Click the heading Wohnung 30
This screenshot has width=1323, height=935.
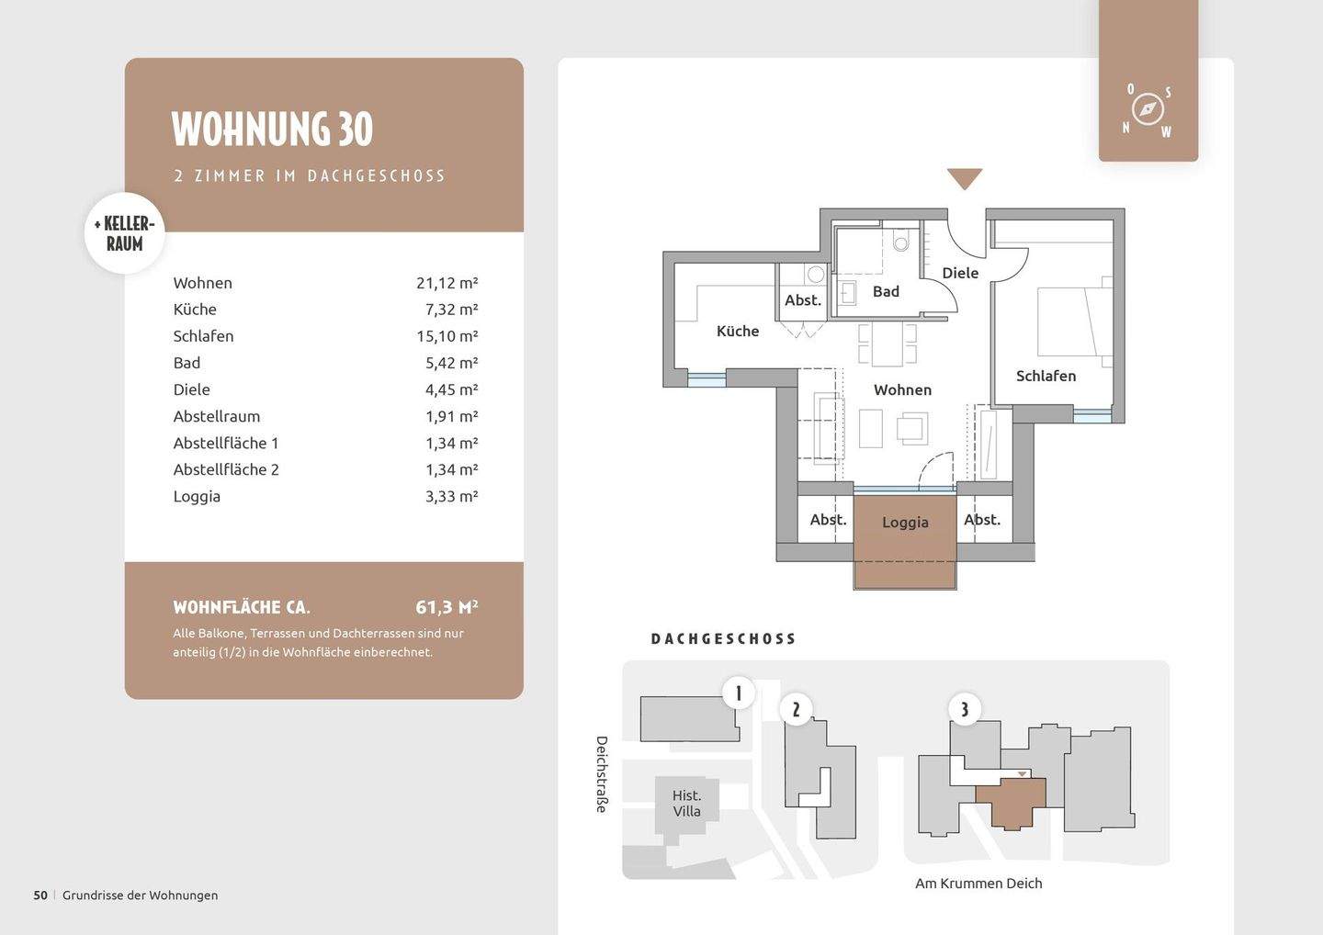click(272, 129)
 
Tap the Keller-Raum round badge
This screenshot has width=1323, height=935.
click(125, 233)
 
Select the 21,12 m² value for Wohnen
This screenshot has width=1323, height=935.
click(447, 283)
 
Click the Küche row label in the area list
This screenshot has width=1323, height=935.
click(195, 310)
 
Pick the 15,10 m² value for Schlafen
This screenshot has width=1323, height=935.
click(447, 336)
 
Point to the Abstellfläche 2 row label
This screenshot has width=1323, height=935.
click(226, 470)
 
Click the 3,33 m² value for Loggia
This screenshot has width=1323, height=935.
click(452, 496)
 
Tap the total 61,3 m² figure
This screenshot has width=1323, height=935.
click(447, 607)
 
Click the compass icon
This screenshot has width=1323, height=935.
click(1148, 110)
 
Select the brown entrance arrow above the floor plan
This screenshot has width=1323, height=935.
click(965, 178)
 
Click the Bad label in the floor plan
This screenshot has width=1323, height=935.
click(886, 291)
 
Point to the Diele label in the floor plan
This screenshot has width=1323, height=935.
click(960, 274)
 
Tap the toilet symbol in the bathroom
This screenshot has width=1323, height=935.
click(900, 241)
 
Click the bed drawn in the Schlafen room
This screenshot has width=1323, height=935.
click(1075, 321)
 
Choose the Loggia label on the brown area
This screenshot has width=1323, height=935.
click(906, 523)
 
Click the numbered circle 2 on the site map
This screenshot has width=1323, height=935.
click(797, 709)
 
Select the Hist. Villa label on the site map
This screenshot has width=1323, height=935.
click(686, 804)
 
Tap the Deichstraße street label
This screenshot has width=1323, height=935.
click(602, 774)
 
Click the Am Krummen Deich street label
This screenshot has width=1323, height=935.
click(978, 884)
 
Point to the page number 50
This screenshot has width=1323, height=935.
click(40, 896)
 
